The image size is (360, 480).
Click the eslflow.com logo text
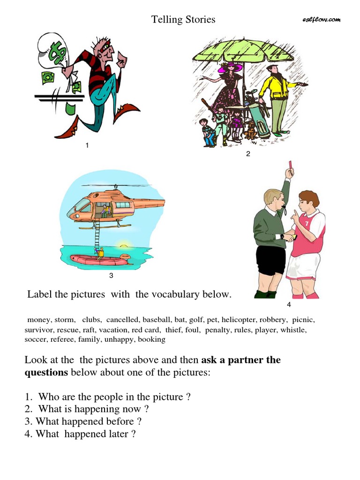click(x=321, y=20)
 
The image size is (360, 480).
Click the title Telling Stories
click(x=183, y=19)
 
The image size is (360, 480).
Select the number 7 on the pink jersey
click(x=307, y=224)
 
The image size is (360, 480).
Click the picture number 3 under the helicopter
click(x=111, y=276)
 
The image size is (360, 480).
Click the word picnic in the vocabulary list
click(x=303, y=320)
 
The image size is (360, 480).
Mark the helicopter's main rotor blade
click(x=116, y=185)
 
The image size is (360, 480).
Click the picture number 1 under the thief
click(x=87, y=145)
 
